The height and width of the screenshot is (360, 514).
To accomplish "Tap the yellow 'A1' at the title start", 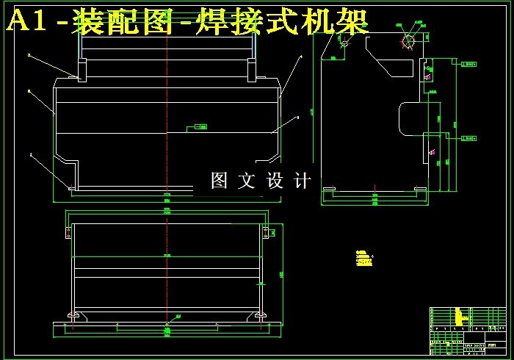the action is pos(29,22).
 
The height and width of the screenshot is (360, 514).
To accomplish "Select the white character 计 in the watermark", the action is pos(302,180).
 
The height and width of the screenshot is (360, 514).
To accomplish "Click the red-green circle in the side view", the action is pos(407,41).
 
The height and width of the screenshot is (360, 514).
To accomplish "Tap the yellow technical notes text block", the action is pos(363,258).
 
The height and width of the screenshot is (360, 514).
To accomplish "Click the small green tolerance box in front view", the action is pos(200,127).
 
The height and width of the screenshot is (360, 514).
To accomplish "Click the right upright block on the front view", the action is pos(253,70).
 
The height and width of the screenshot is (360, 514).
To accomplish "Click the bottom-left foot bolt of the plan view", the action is pos(74,315).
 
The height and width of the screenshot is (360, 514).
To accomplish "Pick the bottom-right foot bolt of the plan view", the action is pos(259,315).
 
